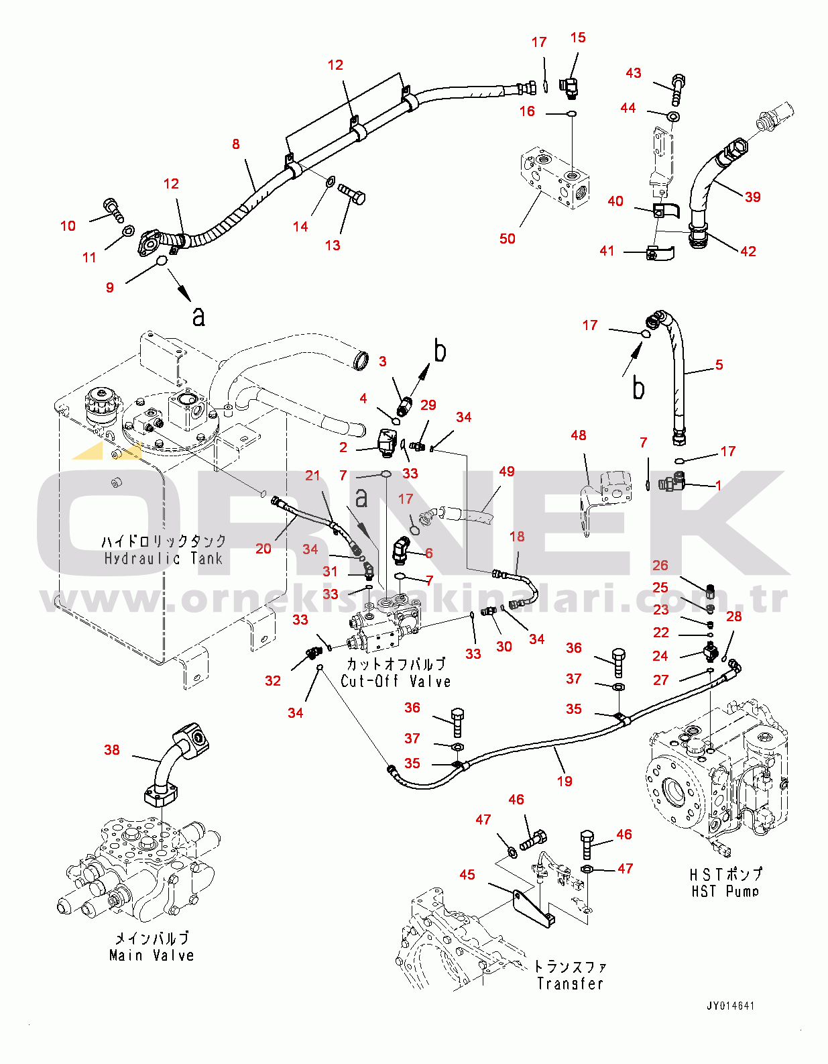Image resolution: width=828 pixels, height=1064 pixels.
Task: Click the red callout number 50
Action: coord(508,239)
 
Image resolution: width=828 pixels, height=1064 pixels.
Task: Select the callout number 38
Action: coord(112,749)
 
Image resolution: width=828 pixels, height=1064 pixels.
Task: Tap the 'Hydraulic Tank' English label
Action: coord(163,558)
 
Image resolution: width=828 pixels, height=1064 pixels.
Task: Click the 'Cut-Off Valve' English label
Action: coord(396,681)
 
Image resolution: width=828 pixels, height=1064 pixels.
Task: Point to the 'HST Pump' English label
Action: coord(725,892)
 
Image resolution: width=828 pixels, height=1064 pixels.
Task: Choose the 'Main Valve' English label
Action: coord(152,955)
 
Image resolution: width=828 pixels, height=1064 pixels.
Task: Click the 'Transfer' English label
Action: coord(570,983)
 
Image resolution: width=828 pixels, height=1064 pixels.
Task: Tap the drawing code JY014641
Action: coord(730,1006)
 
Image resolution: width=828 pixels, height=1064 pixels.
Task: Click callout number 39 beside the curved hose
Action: coord(753,197)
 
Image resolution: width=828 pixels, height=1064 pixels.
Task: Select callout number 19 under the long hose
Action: coord(565,781)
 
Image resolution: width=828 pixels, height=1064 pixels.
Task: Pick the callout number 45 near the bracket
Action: coord(467,875)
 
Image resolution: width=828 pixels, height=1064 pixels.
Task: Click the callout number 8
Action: coord(236,144)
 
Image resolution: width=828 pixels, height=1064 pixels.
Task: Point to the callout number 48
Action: coord(579,435)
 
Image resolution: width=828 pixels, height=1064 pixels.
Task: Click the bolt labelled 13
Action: coord(353,195)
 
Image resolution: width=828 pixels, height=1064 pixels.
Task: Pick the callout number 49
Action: coord(507,472)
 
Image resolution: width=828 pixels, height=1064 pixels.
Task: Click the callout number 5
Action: coord(719,365)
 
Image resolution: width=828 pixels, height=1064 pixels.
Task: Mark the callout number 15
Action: coord(578,38)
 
